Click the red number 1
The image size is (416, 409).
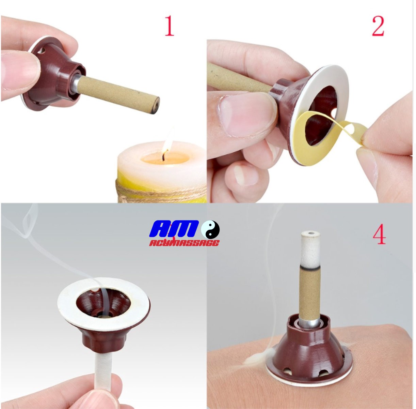[170, 26]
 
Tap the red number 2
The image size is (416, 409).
[378, 26]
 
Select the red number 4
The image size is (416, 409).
[379, 234]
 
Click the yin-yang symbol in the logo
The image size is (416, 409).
[210, 230]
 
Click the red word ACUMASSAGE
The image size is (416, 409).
[184, 243]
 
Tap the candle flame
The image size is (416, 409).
[167, 140]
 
